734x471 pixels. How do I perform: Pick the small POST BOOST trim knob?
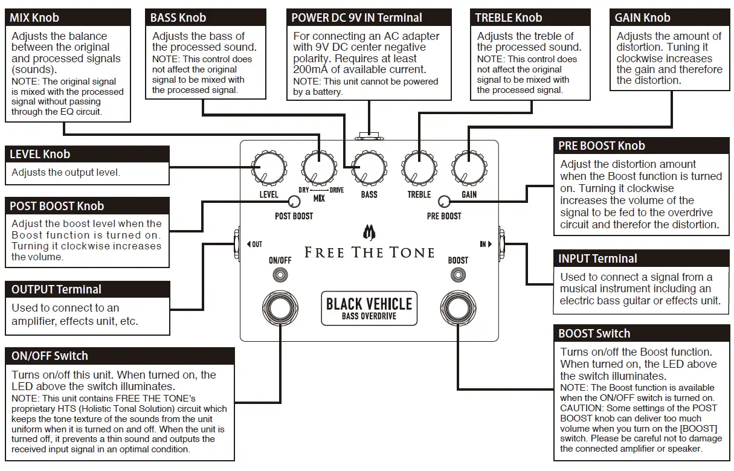pyautogui.click(x=294, y=202)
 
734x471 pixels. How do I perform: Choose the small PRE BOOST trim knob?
pyautogui.click(x=444, y=202)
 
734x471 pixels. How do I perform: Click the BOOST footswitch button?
pyautogui.click(x=457, y=307)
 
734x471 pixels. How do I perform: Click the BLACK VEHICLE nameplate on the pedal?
pyautogui.click(x=369, y=307)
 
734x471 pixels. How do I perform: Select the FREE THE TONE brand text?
pyautogui.click(x=369, y=252)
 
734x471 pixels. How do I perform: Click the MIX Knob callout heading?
pyautogui.click(x=34, y=18)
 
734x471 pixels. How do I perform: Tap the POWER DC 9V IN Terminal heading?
pyautogui.click(x=356, y=18)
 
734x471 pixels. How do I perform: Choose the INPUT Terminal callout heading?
pyautogui.click(x=597, y=259)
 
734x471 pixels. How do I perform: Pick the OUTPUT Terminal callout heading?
pyautogui.click(x=56, y=290)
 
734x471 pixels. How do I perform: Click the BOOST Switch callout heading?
pyautogui.click(x=594, y=334)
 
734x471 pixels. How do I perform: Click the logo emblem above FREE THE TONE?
pyautogui.click(x=369, y=232)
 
